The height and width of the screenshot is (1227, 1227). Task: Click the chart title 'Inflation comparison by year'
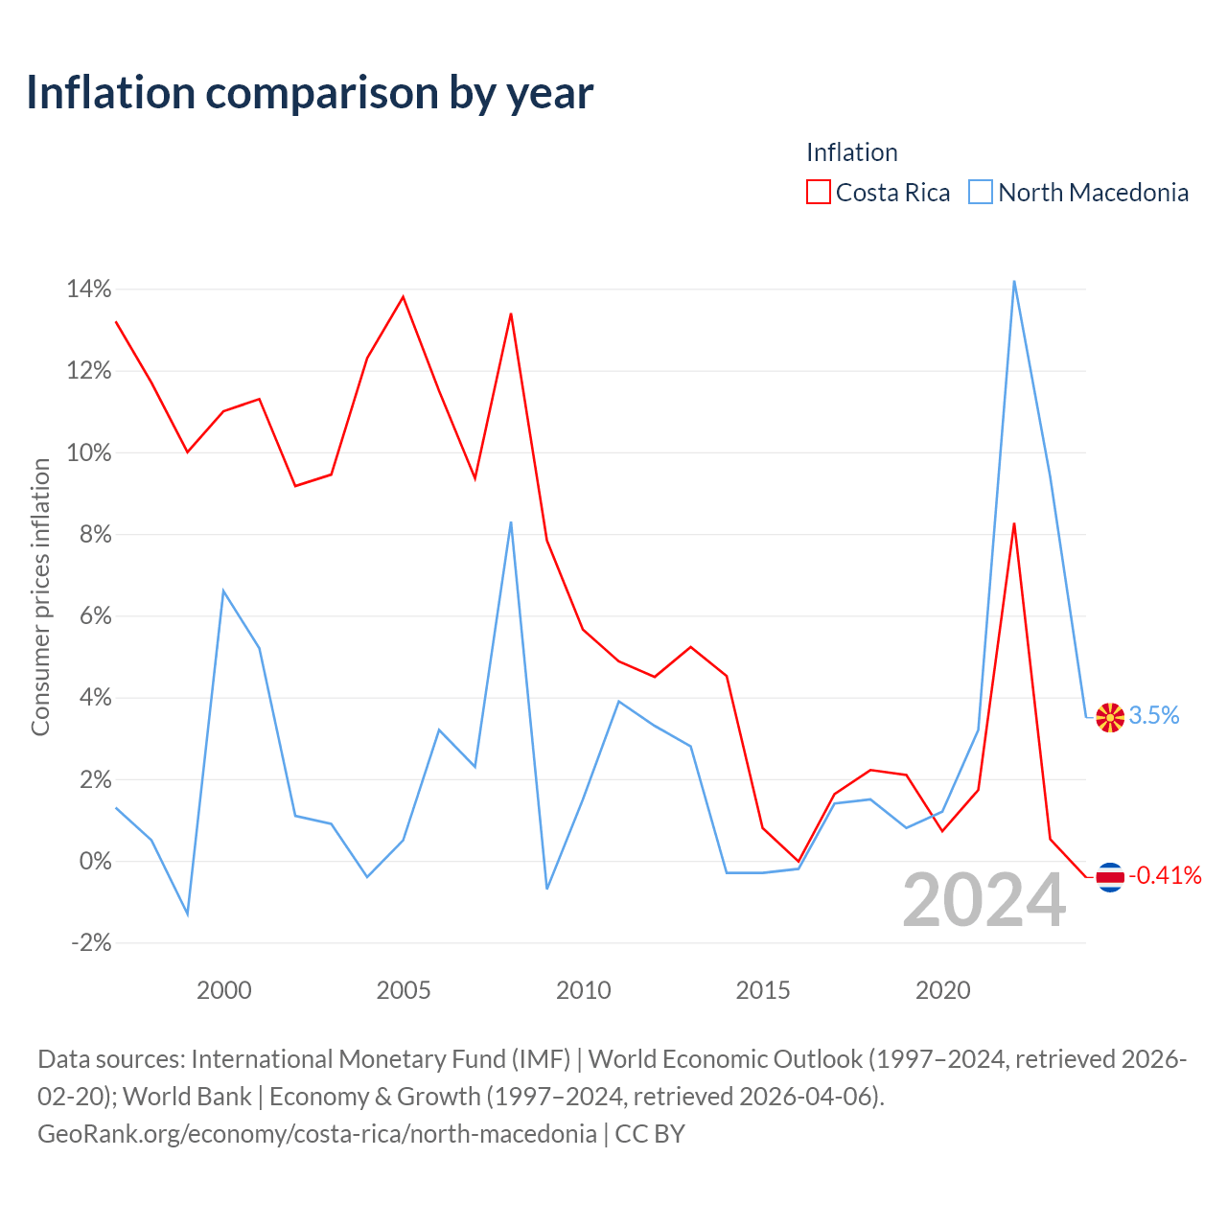(310, 94)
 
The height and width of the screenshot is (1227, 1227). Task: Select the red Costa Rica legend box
(819, 192)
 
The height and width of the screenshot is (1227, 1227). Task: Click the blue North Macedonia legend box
(980, 192)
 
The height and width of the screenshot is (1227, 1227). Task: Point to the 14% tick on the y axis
(89, 289)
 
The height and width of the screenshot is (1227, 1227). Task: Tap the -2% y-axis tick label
(92, 943)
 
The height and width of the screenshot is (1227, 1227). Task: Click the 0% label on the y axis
(96, 861)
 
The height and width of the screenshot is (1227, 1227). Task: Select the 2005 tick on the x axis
(404, 990)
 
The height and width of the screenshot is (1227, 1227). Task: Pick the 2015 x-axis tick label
(763, 990)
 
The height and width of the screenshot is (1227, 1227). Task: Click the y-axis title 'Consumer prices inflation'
(41, 597)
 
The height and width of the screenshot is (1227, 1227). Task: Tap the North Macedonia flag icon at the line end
(1110, 718)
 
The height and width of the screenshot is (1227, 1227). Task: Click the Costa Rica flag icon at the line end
(1110, 877)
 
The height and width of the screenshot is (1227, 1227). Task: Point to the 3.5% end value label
(1154, 716)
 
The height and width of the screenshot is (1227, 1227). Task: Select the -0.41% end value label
(1166, 875)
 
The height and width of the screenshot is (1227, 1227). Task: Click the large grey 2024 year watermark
(984, 900)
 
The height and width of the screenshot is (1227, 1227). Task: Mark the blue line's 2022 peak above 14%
(1013, 282)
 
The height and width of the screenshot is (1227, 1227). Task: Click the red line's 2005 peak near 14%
(403, 297)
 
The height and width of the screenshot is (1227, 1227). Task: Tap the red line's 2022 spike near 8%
(1013, 524)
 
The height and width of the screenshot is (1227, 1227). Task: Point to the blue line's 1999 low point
(187, 914)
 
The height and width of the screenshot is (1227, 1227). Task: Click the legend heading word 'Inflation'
(852, 152)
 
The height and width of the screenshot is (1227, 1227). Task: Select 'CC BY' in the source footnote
(650, 1134)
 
